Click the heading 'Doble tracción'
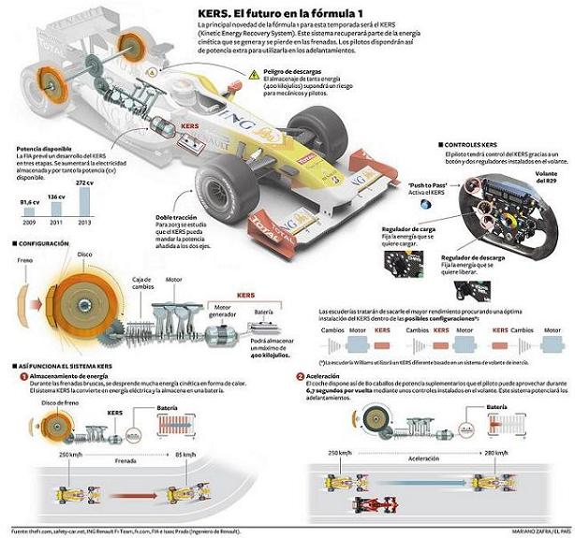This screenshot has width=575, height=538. point(179,217)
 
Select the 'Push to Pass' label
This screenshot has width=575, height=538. point(401,186)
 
